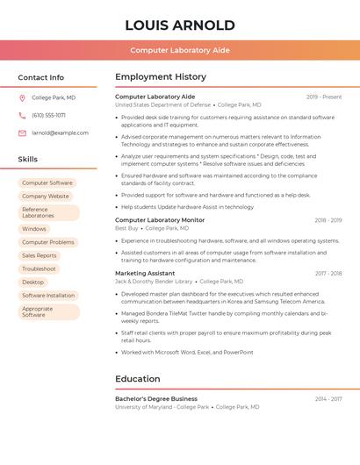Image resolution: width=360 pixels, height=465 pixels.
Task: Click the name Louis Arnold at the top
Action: coord(180,25)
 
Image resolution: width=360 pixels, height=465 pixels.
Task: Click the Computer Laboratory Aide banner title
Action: coord(180,50)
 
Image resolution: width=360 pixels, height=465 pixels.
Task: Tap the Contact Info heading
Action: coord(40,77)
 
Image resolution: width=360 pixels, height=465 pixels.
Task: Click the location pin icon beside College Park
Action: coord(22,97)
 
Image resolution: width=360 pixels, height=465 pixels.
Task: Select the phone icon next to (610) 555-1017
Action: coord(22,115)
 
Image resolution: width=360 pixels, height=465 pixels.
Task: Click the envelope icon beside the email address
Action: coord(22,132)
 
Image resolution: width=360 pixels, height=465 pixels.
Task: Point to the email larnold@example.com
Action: coord(60,132)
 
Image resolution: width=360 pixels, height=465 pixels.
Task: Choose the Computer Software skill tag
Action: coord(47,182)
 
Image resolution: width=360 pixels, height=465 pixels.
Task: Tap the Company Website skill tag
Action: coord(46,197)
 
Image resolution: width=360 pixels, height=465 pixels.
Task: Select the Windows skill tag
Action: coord(34,229)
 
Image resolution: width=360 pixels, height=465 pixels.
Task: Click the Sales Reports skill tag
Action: coord(40,255)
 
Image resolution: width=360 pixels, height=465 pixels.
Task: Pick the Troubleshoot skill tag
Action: coord(40,268)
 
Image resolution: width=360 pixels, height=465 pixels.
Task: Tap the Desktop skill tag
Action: coord(33,282)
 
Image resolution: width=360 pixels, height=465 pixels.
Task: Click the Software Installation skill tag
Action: coord(48,296)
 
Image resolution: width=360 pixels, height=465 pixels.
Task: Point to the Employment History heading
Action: coord(161,77)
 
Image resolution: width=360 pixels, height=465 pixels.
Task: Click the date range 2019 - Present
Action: coord(324,97)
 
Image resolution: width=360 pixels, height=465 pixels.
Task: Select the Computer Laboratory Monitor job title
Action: coord(160,220)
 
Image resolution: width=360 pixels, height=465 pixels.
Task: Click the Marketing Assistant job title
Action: coord(145,274)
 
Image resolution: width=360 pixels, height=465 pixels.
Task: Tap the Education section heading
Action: coord(138,379)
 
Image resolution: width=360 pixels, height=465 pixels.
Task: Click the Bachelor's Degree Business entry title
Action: coord(156,398)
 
